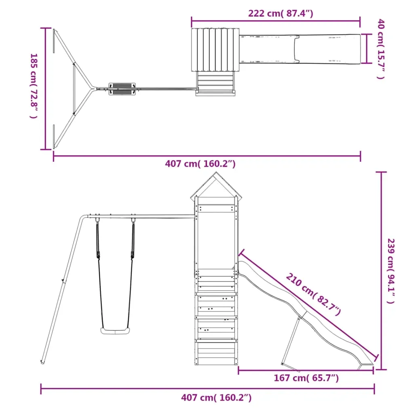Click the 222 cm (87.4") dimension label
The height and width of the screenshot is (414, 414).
(x=281, y=13)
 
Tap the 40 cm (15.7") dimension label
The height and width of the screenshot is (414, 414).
(x=381, y=49)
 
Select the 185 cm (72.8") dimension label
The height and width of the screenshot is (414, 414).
(x=34, y=86)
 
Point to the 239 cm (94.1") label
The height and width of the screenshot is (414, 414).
(x=391, y=271)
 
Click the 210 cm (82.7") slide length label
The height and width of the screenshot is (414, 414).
(x=313, y=294)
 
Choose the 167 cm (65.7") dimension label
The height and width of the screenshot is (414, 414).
(x=306, y=378)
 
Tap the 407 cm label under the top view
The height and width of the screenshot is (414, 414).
(x=200, y=164)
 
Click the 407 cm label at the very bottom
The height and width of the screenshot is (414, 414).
(x=216, y=397)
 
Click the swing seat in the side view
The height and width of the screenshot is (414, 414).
(x=115, y=331)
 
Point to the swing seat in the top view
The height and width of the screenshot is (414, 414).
(x=122, y=89)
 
